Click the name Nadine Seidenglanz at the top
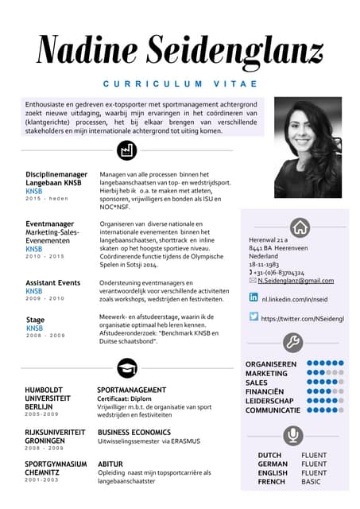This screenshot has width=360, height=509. pyautogui.click(x=180, y=50)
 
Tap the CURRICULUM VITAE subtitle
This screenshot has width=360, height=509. pyautogui.click(x=180, y=84)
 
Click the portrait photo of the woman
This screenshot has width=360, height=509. pyautogui.click(x=308, y=147)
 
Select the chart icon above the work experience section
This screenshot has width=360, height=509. pyautogui.click(x=126, y=150)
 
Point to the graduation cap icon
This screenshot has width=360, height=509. pyautogui.click(x=126, y=367)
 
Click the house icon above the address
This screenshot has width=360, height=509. pyautogui.click(x=300, y=227)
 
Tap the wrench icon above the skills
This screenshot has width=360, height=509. pyautogui.click(x=293, y=343)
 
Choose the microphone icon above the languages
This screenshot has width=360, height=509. pyautogui.click(x=293, y=435)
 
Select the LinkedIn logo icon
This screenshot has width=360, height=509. pyautogui.click(x=254, y=297)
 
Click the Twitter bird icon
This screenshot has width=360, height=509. pyautogui.click(x=254, y=317)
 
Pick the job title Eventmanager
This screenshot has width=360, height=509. pyautogui.click(x=49, y=224)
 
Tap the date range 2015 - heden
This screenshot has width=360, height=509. pyautogui.click(x=47, y=198)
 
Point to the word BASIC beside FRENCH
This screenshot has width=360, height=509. pyautogui.click(x=311, y=482)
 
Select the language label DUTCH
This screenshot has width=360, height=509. pyautogui.click(x=269, y=456)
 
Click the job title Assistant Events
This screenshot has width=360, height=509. pyautogui.click(x=52, y=283)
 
